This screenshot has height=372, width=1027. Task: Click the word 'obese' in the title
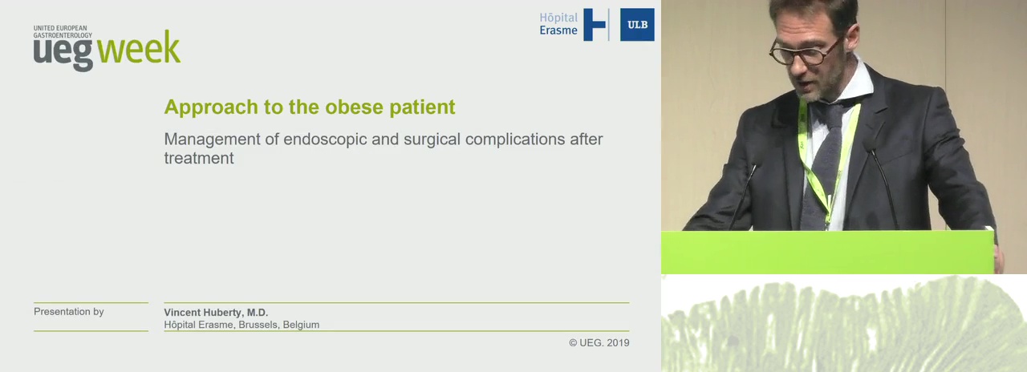(x=355, y=107)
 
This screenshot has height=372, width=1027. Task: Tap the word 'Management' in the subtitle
(x=213, y=139)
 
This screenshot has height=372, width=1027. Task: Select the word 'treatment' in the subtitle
(x=199, y=158)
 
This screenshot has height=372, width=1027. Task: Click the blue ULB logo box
(x=637, y=25)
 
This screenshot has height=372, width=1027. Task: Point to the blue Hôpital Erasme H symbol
(x=595, y=25)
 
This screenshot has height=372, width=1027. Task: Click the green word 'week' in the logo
(x=139, y=47)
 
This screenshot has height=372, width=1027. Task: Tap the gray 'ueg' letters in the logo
(x=63, y=53)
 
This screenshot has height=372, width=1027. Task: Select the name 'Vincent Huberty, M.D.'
(x=216, y=313)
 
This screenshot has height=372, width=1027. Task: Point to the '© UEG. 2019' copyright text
(x=599, y=342)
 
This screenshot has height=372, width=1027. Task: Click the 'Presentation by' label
(x=69, y=312)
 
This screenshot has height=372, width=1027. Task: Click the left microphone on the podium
(x=742, y=197)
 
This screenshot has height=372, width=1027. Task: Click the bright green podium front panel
(x=827, y=253)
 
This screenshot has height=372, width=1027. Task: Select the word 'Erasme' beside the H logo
(x=558, y=30)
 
